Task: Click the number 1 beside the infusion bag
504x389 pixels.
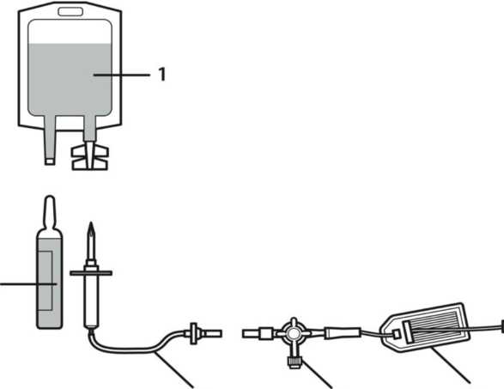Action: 162,74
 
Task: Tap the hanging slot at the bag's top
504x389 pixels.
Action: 70,12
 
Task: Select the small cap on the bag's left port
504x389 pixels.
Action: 50,161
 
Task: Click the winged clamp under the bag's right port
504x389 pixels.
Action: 90,157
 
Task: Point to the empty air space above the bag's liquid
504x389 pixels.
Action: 70,31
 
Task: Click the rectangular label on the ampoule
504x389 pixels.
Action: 46,281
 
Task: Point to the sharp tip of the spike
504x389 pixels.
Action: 92,223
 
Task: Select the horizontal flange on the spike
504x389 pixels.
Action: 91,273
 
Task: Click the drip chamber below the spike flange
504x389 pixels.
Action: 91,301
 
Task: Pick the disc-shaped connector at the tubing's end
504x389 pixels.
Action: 193,333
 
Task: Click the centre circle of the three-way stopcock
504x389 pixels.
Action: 293,334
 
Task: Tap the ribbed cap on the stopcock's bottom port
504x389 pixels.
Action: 294,362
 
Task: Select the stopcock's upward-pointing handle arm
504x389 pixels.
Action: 294,323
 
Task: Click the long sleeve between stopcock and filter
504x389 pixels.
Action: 343,332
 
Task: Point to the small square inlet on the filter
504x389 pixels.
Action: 397,334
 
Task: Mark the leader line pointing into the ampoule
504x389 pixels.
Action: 28,284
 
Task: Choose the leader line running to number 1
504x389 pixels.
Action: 122,75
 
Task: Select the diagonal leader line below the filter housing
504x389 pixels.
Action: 451,365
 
